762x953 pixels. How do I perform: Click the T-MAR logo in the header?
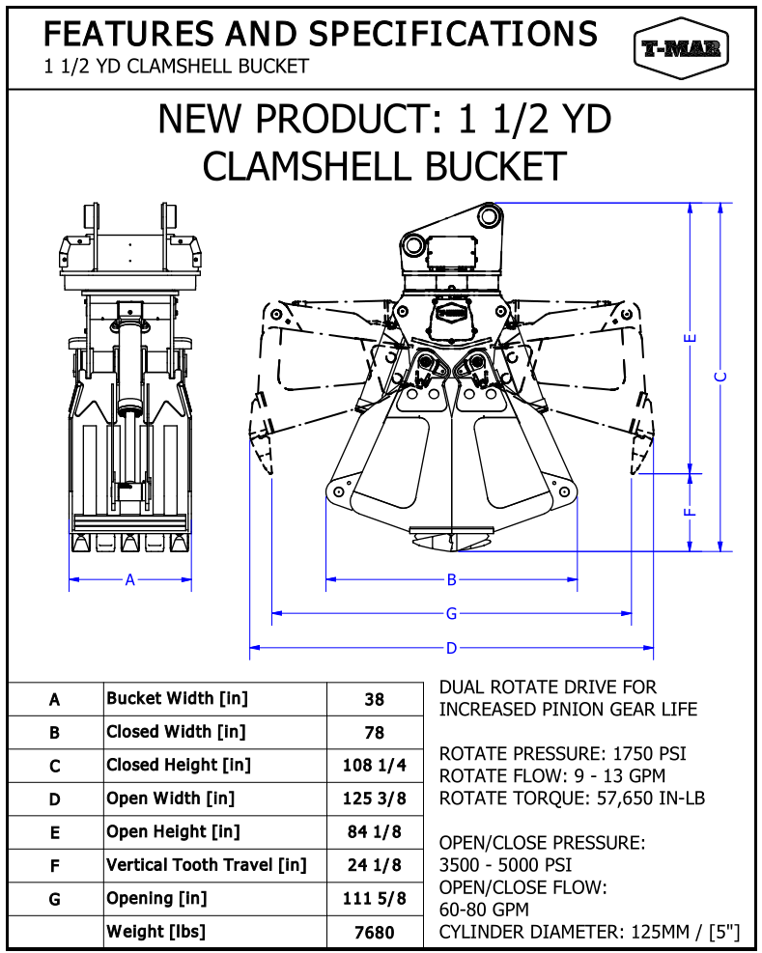pos(681,49)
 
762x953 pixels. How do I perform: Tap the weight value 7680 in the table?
pos(375,932)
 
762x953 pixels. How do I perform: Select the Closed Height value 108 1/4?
pos(375,766)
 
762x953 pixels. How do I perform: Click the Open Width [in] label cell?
pos(170,799)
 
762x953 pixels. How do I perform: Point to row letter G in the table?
pos(55,899)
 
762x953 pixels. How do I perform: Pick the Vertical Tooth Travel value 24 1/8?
pos(375,865)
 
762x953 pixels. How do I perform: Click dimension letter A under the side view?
pos(130,580)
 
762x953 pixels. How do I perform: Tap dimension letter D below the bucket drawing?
pos(451,649)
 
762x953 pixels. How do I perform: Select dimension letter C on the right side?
pos(720,377)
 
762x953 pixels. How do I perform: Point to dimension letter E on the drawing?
pos(690,338)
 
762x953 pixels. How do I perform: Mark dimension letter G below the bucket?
pos(451,613)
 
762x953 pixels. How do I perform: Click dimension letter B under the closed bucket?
pos(451,580)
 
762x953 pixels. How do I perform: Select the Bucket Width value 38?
pos(375,700)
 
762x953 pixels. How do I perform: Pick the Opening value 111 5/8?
pos(375,899)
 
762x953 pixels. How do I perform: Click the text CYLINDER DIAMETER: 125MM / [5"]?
pos(589,932)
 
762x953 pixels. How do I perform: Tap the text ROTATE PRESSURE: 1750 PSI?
pos(563,753)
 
